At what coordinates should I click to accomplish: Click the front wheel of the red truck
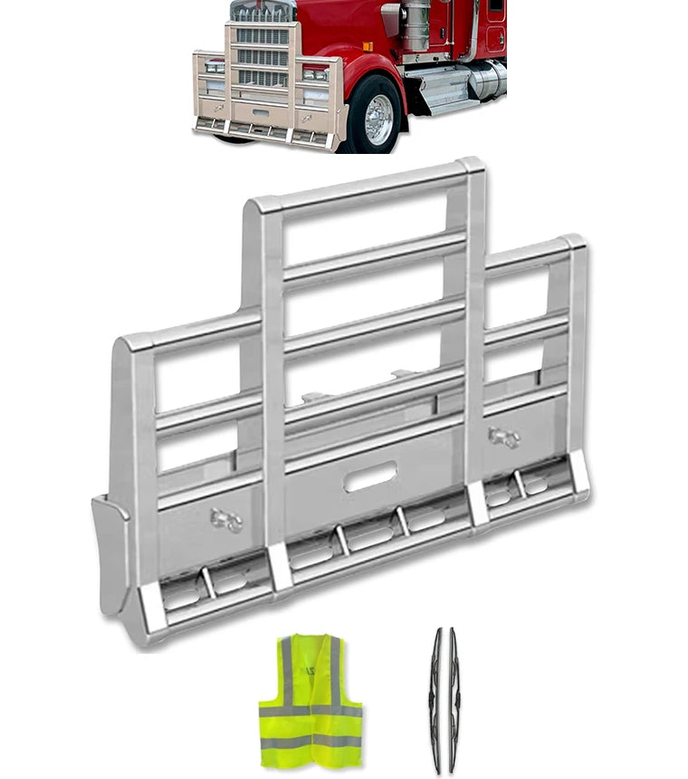point(377,115)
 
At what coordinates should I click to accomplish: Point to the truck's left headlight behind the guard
point(215,67)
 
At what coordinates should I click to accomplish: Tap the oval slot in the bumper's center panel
point(370,476)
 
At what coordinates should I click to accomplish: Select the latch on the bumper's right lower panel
point(503,438)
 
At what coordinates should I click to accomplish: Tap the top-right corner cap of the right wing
point(573,244)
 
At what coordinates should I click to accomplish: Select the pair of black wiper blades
point(444,699)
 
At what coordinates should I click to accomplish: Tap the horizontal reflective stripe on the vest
point(310,712)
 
